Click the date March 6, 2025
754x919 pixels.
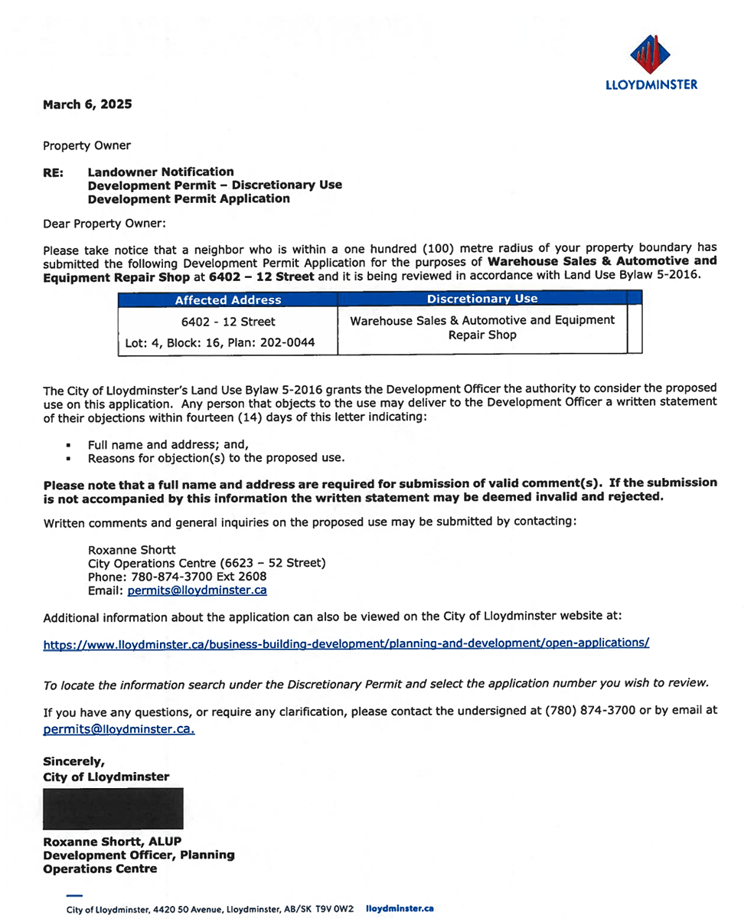(87, 105)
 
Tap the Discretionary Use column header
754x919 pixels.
(481, 299)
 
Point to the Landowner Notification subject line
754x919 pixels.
(162, 172)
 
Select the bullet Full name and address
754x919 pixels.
(169, 443)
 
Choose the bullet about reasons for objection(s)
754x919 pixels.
(217, 458)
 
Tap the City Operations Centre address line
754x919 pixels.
(207, 563)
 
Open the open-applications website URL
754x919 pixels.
(346, 645)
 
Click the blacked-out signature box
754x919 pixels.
(113, 808)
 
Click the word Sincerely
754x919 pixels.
(73, 762)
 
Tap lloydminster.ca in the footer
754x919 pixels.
(400, 908)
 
